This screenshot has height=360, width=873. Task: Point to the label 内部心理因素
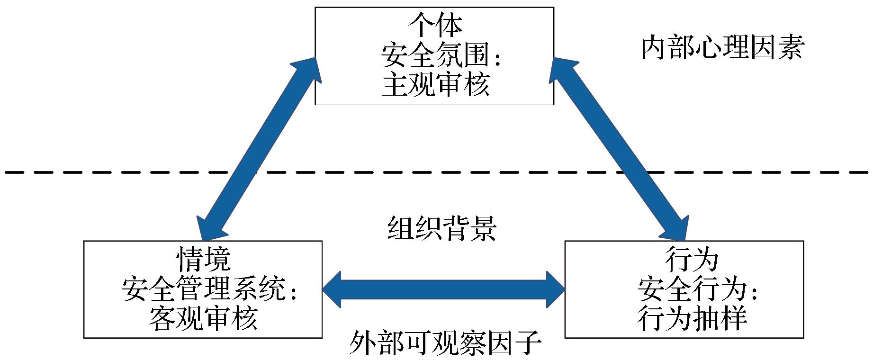(722, 49)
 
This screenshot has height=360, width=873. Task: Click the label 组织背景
(441, 229)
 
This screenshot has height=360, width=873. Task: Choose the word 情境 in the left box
(203, 259)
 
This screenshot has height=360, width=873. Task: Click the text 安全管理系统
(204, 288)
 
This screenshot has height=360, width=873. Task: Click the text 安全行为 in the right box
(692, 289)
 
